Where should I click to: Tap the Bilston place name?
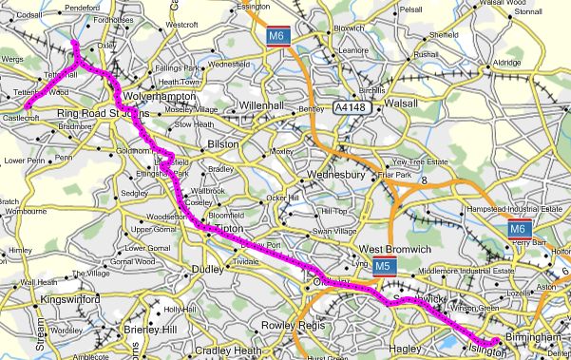tap(223, 142)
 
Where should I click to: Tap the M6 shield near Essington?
tap(276, 37)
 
